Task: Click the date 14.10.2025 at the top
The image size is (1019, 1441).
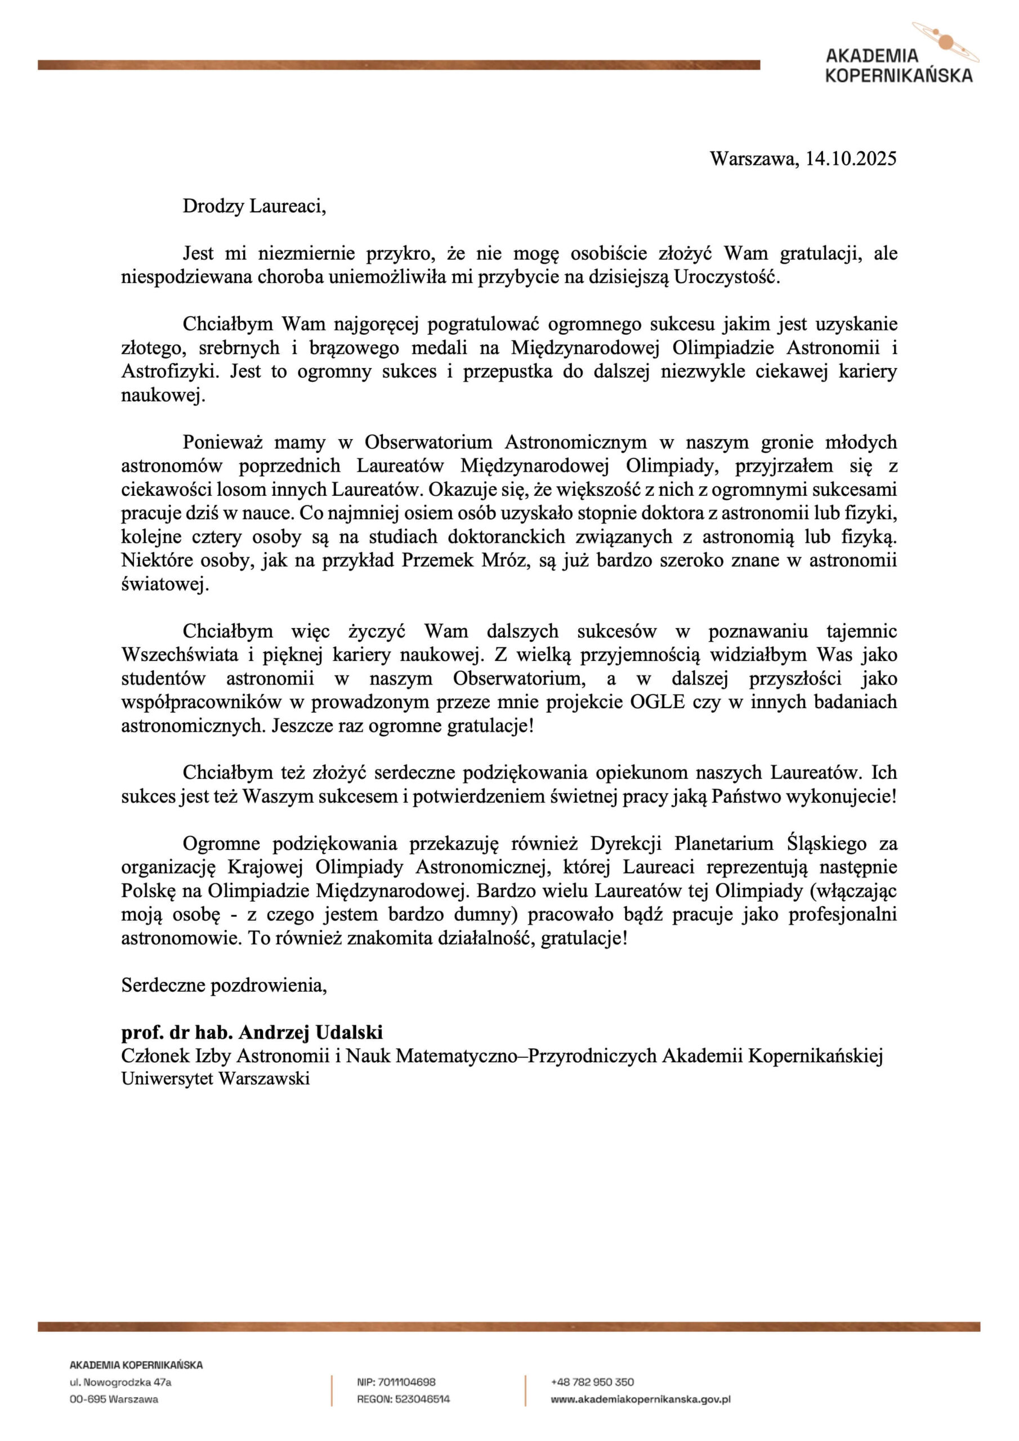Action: tap(851, 158)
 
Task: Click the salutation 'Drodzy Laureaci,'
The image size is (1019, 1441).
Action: tap(254, 206)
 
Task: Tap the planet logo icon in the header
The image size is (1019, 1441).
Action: tap(945, 42)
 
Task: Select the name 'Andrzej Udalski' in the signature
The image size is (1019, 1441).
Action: tap(311, 1032)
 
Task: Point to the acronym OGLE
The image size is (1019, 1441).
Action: tap(657, 702)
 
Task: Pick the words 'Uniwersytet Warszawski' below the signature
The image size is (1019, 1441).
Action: tap(216, 1079)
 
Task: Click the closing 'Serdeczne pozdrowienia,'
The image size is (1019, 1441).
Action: tap(224, 986)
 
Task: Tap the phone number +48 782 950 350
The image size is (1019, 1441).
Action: tap(592, 1382)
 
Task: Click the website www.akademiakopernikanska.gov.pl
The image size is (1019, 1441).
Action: tap(641, 1399)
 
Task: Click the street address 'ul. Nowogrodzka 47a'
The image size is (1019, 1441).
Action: tap(120, 1382)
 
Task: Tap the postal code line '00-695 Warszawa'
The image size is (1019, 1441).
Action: tap(114, 1399)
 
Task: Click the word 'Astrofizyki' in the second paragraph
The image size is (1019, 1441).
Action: tap(169, 372)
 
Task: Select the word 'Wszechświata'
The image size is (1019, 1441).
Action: tap(180, 655)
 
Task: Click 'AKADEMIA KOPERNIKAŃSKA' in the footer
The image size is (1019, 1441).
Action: tap(136, 1365)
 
